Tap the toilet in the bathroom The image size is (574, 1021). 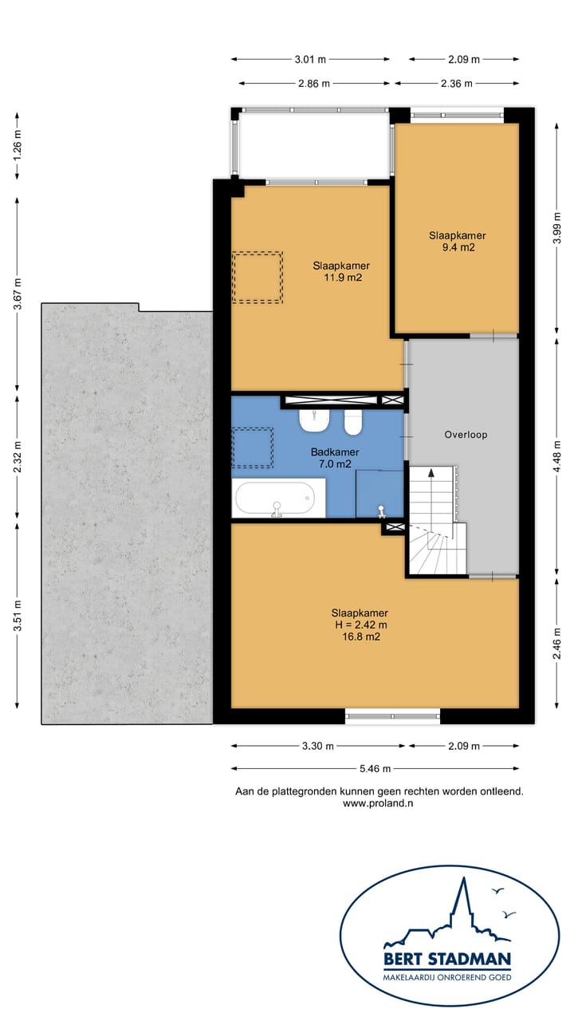click(x=353, y=422)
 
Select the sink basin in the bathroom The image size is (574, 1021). click(x=314, y=420)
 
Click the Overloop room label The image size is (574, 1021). click(x=466, y=435)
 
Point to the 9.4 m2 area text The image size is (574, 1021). click(x=458, y=247)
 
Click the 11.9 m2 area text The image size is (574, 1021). click(x=343, y=278)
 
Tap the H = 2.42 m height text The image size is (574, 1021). click(x=360, y=625)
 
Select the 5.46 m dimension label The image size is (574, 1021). click(x=375, y=768)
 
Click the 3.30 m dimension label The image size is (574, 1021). click(x=317, y=746)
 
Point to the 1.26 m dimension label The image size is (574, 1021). click(x=18, y=145)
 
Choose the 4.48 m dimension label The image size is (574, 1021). click(x=556, y=456)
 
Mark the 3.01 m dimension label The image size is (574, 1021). click(x=310, y=59)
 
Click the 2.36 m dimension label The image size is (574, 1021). click(x=457, y=84)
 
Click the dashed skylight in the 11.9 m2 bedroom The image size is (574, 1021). click(x=258, y=277)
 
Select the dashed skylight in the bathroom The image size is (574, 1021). click(x=253, y=448)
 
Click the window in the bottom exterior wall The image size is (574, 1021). click(x=393, y=716)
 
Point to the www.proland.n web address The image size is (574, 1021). click(x=378, y=803)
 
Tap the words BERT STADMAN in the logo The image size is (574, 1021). click(x=447, y=959)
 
